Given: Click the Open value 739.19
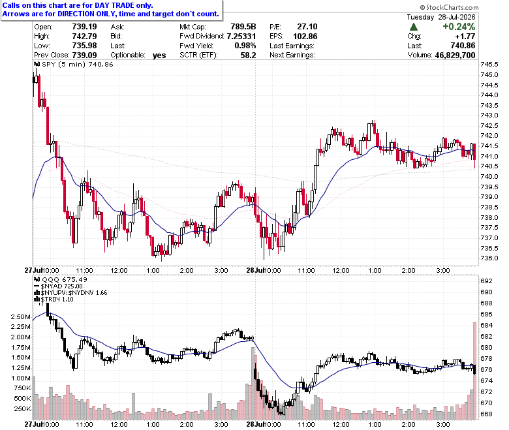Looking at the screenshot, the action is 84,27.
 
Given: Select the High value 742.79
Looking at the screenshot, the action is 84,36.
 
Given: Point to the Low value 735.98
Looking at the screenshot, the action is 84,46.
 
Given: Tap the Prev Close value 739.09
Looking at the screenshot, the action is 84,55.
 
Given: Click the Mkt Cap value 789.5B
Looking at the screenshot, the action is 243,27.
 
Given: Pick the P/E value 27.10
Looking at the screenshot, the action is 307,27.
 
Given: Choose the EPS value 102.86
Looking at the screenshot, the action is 305,37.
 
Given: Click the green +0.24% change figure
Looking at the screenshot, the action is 459,27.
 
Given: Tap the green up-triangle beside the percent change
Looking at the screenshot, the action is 414,27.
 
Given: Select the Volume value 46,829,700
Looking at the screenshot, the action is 455,55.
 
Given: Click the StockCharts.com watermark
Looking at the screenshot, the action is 449,7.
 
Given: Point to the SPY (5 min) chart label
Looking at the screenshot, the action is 64,64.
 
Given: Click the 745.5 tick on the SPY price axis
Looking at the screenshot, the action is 489,65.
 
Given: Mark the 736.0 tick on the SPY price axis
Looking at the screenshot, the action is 489,258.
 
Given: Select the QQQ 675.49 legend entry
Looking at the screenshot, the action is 61,279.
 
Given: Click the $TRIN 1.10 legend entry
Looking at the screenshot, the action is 54,299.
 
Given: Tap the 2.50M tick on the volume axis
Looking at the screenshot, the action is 21,316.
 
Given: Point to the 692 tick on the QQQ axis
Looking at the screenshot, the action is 486,281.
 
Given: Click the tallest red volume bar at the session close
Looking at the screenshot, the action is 474,371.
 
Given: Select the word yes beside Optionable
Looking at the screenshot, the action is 159,55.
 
